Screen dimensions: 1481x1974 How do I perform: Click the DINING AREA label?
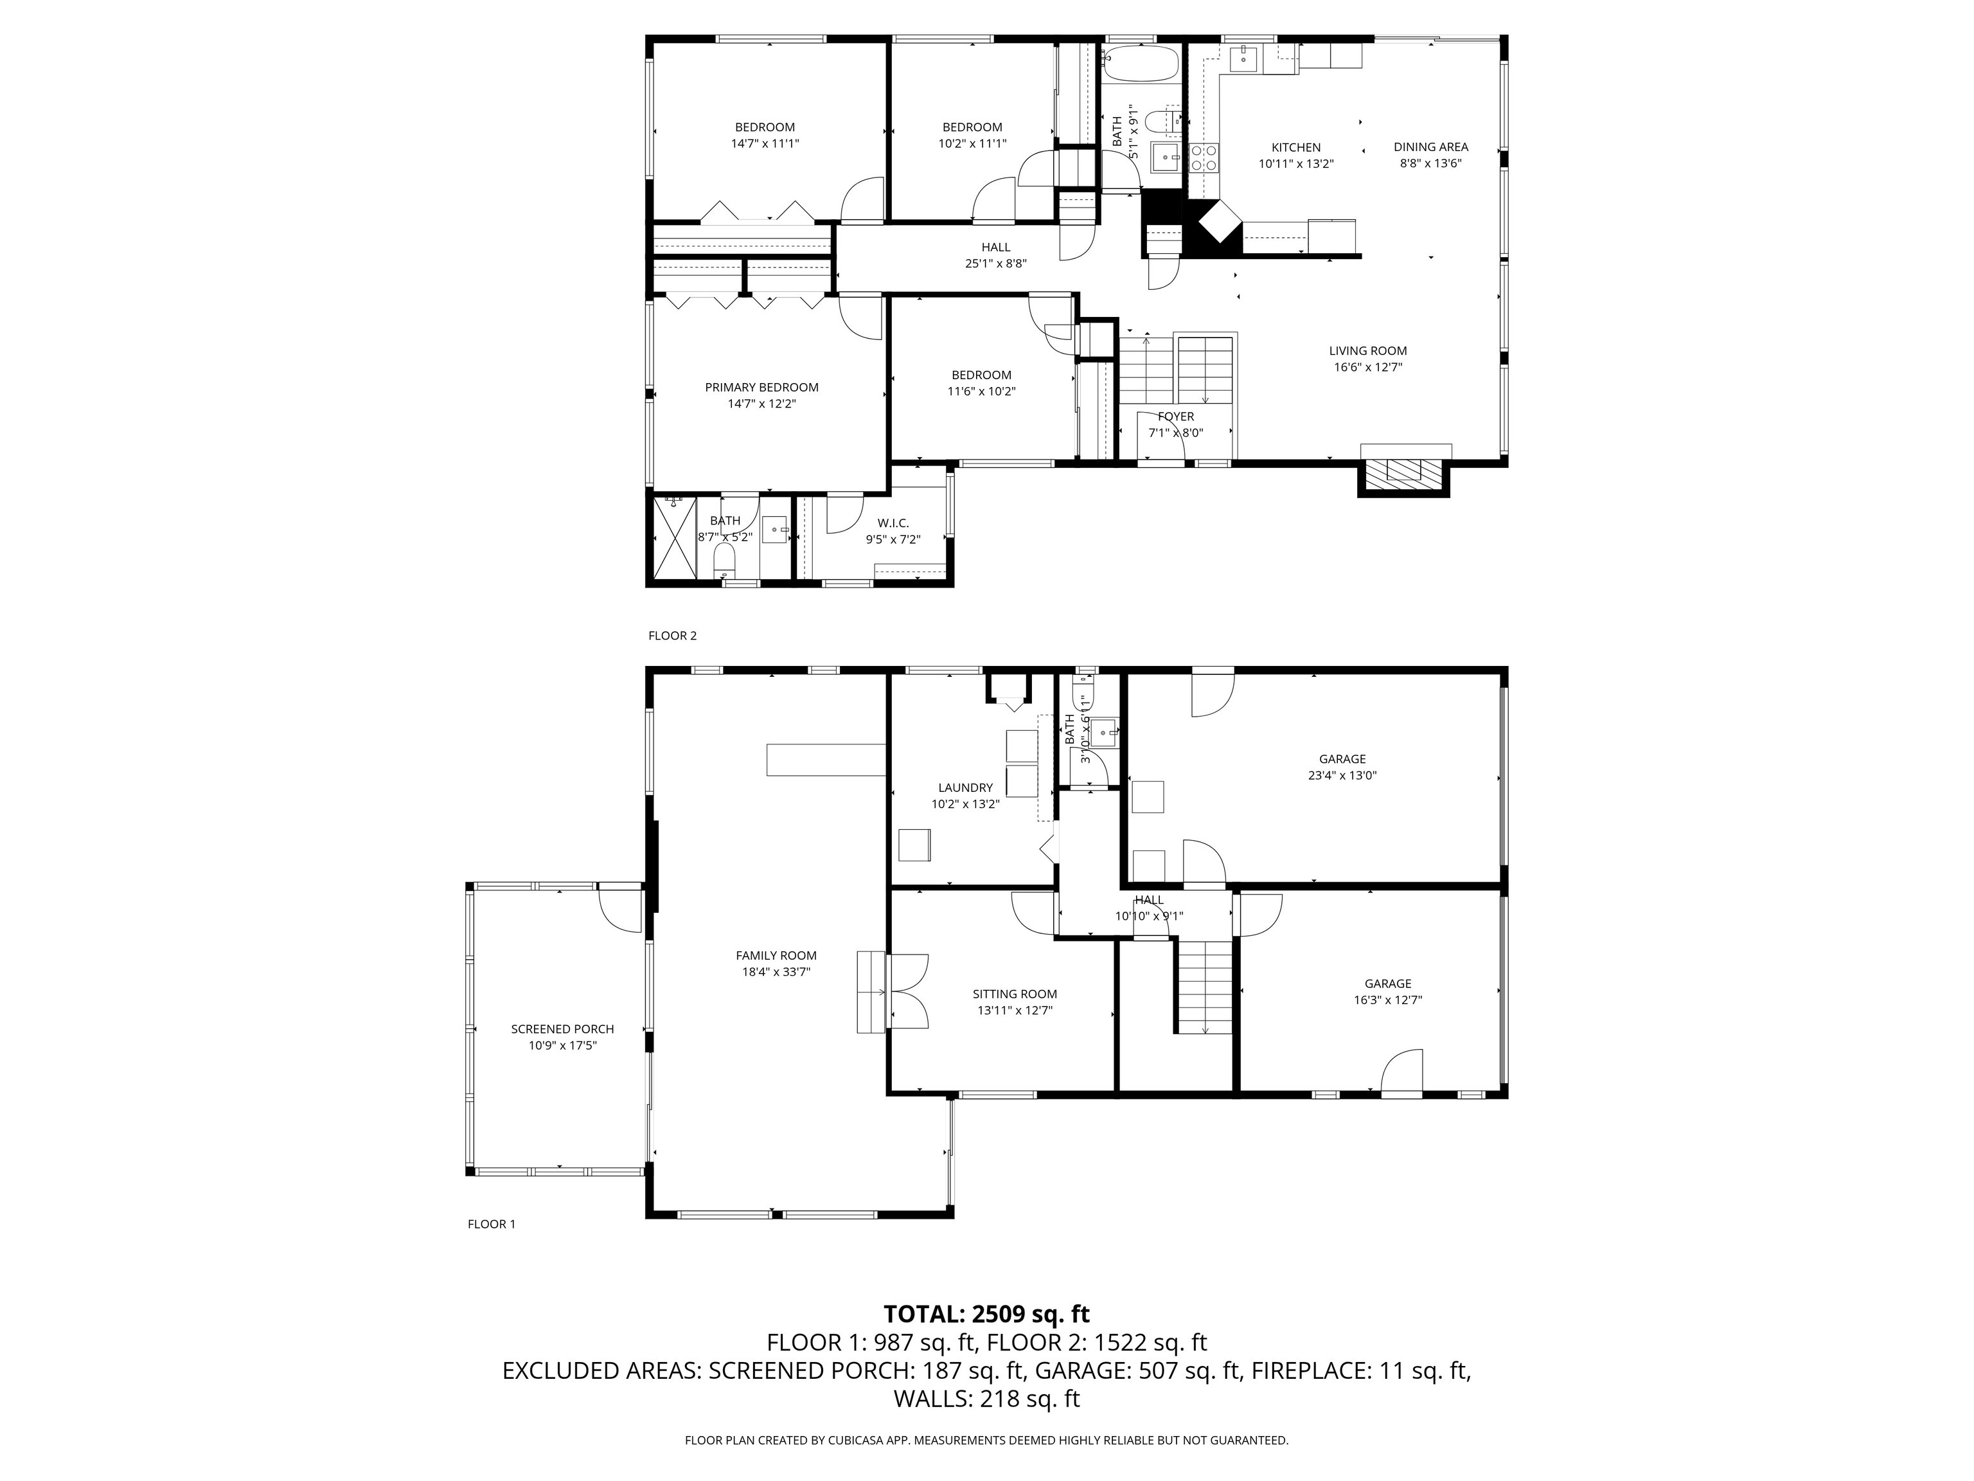(1430, 147)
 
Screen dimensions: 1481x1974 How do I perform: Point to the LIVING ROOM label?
(1367, 351)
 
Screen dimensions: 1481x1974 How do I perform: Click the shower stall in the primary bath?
(674, 539)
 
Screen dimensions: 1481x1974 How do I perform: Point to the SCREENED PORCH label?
(562, 1029)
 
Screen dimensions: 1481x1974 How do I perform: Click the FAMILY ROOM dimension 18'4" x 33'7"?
(776, 972)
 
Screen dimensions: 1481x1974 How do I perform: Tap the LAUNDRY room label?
(965, 787)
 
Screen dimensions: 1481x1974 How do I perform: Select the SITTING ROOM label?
(1015, 994)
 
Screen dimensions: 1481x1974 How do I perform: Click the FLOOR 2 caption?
(672, 636)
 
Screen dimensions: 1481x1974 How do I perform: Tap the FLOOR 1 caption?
(492, 1224)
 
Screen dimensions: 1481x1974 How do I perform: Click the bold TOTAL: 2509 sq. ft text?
(986, 1314)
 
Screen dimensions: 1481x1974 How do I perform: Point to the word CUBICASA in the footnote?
(858, 1440)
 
